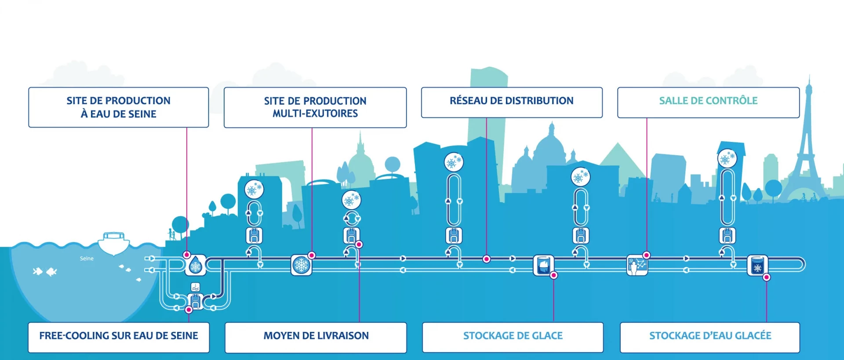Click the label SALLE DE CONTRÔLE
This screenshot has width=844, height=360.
coord(708,101)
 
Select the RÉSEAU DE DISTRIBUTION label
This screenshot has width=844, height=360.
coord(511,101)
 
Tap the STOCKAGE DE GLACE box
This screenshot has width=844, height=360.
coord(513,336)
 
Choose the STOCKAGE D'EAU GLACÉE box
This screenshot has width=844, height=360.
coord(710,336)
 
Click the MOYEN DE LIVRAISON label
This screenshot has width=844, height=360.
coord(316,336)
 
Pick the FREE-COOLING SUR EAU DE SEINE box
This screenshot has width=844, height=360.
coord(119,336)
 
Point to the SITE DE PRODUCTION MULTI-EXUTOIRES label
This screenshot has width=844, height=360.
coord(315,107)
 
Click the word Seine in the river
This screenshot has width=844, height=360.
coord(87,258)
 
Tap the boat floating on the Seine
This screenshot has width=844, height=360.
coord(114,243)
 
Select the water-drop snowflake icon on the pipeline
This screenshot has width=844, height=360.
coord(195,265)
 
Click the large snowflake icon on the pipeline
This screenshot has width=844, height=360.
coord(302,265)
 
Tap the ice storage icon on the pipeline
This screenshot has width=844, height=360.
coord(543,265)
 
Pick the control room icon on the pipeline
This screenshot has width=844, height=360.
coord(637,265)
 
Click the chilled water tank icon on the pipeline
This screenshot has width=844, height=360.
coord(757,265)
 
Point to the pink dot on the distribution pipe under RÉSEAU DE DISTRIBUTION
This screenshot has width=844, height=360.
coord(486,259)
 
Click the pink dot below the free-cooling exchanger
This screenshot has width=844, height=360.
coord(189,309)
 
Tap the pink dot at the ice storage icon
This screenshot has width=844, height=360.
coord(554,275)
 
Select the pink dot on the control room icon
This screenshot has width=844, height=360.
coord(647,255)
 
